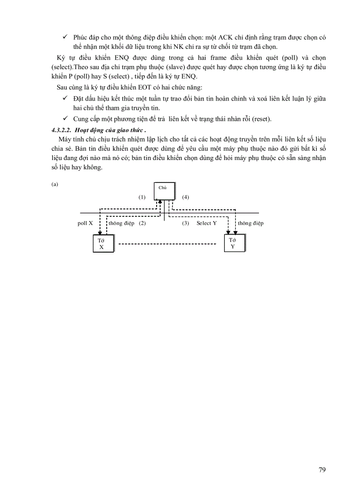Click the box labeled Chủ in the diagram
pyautogui.click(x=164, y=191)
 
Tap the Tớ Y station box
pyautogui.click(x=233, y=243)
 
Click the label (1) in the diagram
pyautogui.click(x=142, y=197)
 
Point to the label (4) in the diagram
pyautogui.click(x=185, y=197)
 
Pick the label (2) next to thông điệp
pyautogui.click(x=142, y=223)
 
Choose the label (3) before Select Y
pyautogui.click(x=186, y=223)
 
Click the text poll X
pyautogui.click(x=85, y=223)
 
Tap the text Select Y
pyautogui.click(x=206, y=223)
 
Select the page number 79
pyautogui.click(x=322, y=469)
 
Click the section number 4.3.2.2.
pyautogui.click(x=61, y=130)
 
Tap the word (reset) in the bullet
pyautogui.click(x=260, y=119)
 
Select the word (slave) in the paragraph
pyautogui.click(x=165, y=67)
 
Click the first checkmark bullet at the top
pyautogui.click(x=65, y=38)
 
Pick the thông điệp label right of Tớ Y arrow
pyautogui.click(x=251, y=223)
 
